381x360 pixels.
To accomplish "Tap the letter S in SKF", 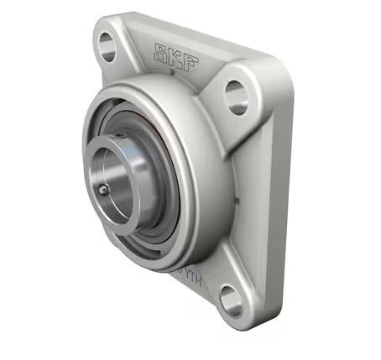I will click(159, 52).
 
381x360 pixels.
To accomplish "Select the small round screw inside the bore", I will click(103, 190).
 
